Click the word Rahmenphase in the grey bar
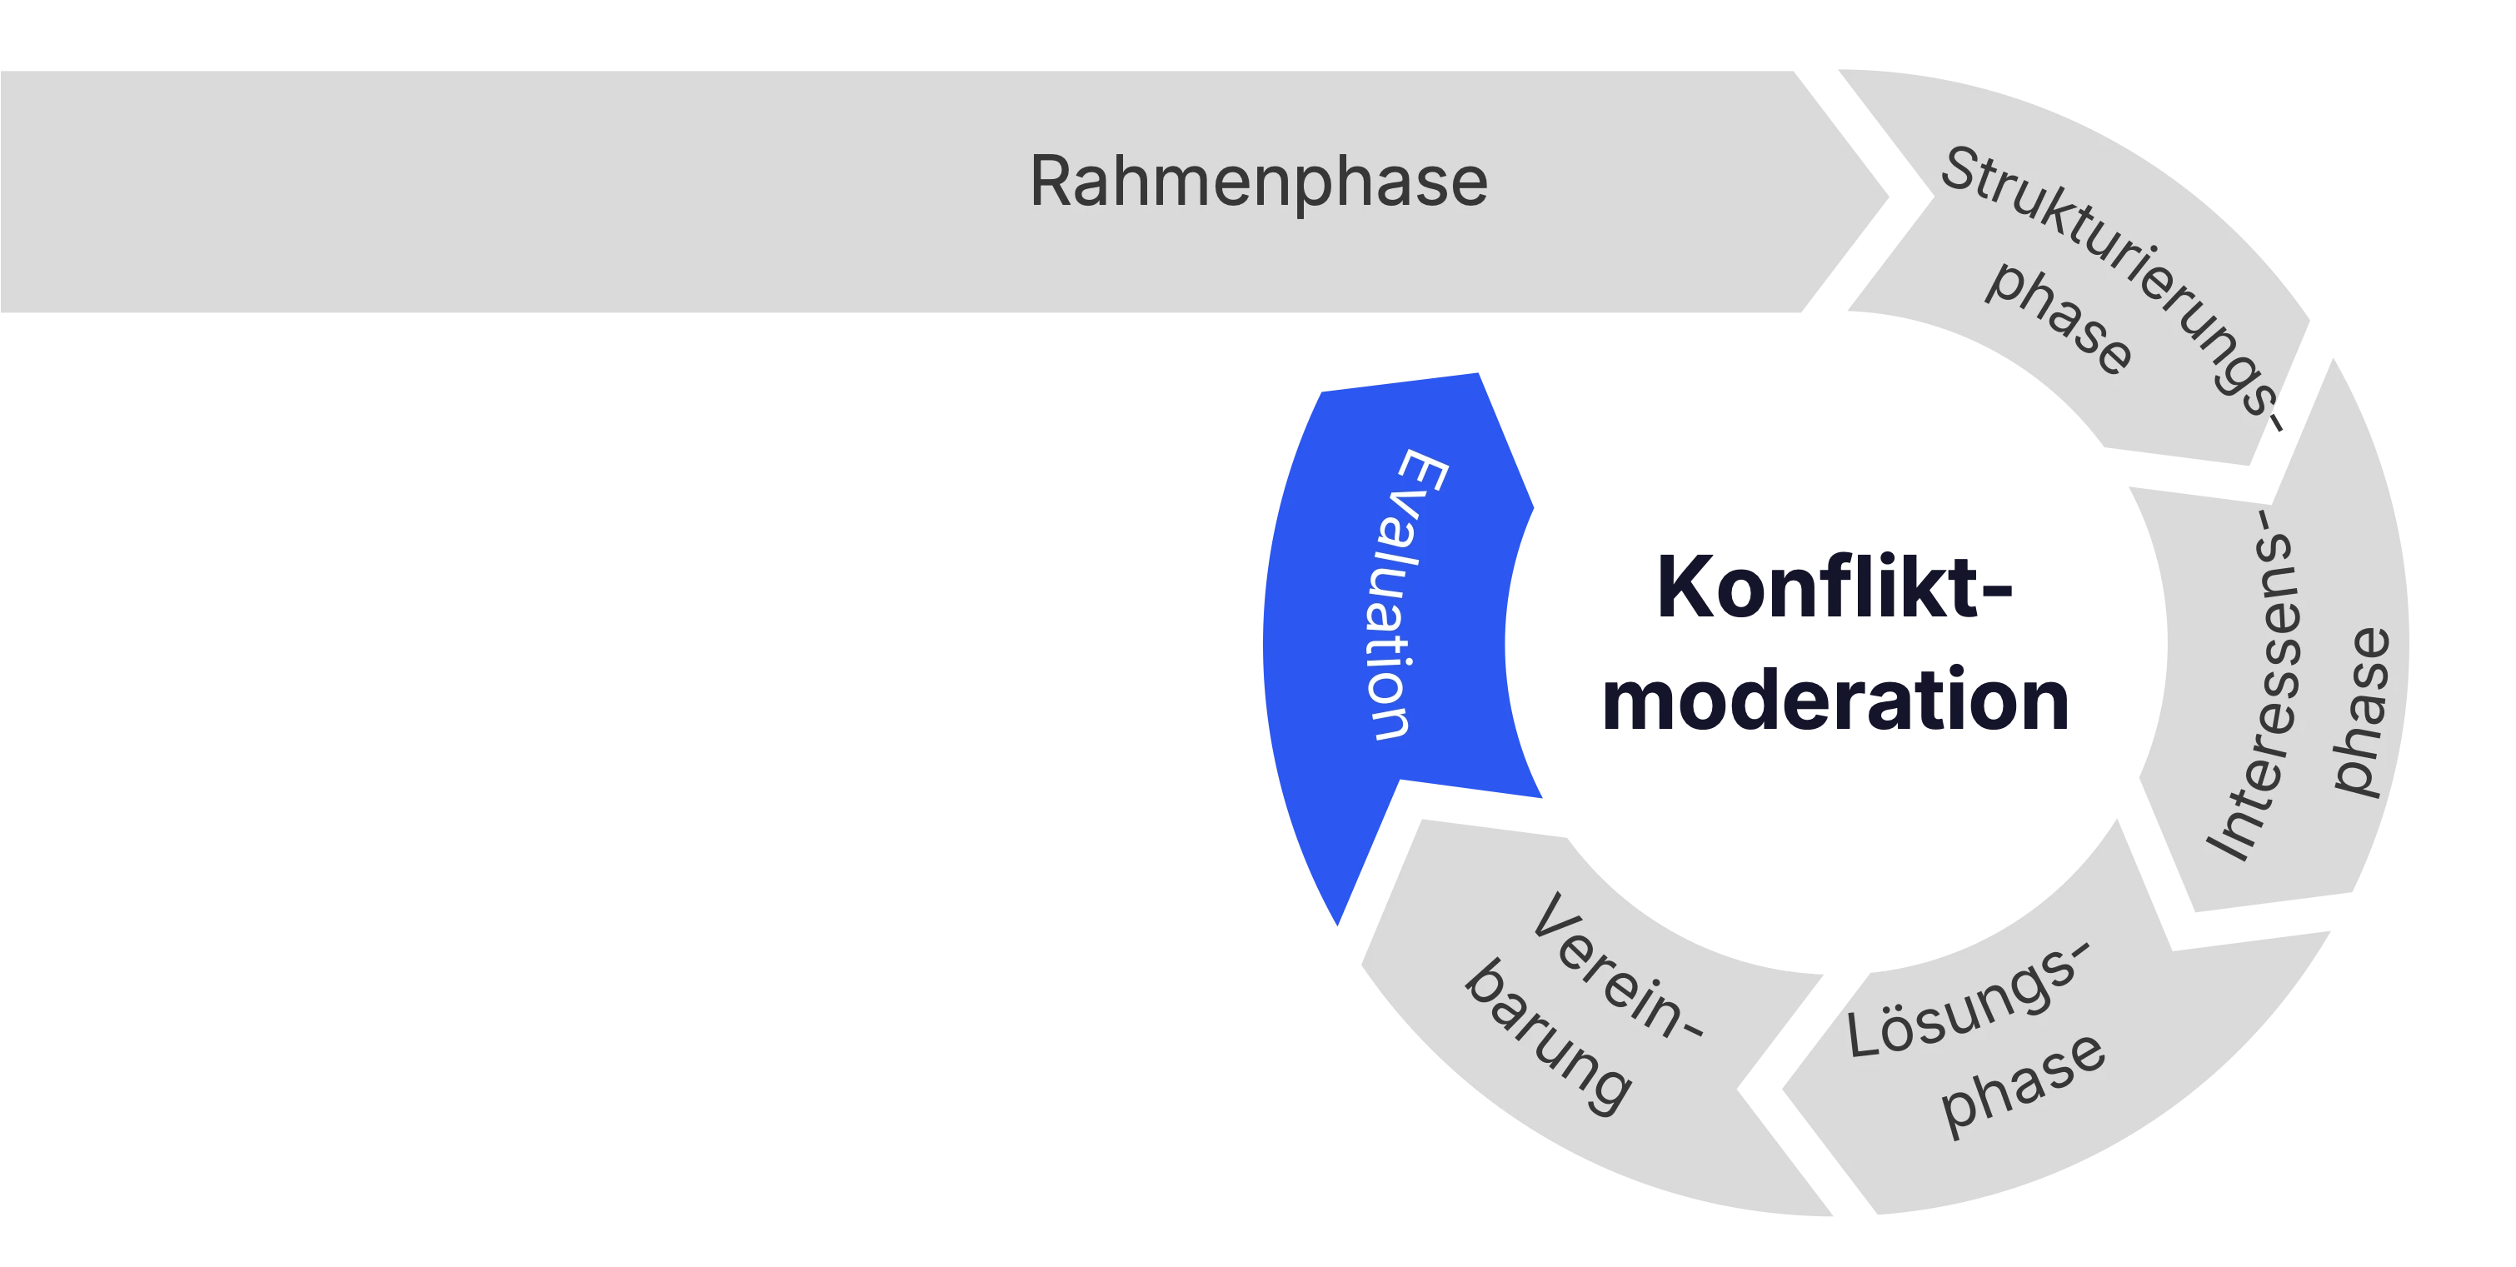1258,182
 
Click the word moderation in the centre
1835,701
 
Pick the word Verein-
1615,967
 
